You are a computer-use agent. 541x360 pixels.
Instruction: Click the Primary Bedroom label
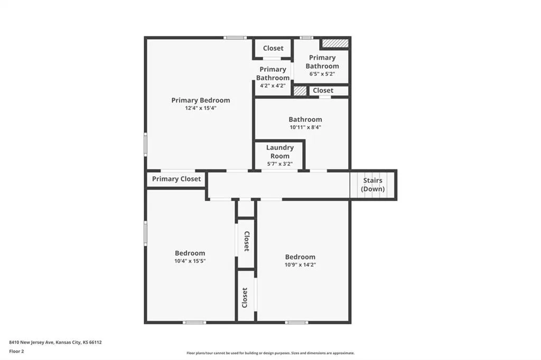[200, 100]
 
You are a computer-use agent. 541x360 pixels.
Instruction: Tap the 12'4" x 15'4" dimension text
[200, 108]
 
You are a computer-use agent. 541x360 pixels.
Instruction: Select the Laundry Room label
[280, 151]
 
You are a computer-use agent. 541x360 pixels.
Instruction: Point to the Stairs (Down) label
[372, 184]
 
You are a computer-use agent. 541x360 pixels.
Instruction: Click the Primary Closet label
[176, 179]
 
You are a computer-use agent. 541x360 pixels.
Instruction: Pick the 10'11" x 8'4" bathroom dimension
[305, 127]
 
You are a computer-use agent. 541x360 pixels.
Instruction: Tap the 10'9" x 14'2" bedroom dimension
[300, 265]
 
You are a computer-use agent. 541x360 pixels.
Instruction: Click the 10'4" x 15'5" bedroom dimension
[190, 261]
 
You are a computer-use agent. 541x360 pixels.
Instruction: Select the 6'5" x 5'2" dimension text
[322, 74]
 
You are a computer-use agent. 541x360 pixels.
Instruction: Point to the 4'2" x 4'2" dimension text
[273, 86]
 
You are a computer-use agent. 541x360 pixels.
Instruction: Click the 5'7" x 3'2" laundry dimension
[280, 164]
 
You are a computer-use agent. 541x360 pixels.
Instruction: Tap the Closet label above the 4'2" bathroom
[273, 48]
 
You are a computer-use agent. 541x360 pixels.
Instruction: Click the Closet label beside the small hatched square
[323, 90]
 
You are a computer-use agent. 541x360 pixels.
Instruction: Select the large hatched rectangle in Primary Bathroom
[335, 43]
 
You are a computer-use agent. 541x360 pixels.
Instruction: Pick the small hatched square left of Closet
[300, 91]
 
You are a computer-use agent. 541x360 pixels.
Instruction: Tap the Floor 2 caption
[16, 352]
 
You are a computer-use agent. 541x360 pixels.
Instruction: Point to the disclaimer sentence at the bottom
[270, 353]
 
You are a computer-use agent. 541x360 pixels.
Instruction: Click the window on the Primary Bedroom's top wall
[235, 37]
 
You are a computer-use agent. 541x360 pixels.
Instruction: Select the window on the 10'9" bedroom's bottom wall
[297, 323]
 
